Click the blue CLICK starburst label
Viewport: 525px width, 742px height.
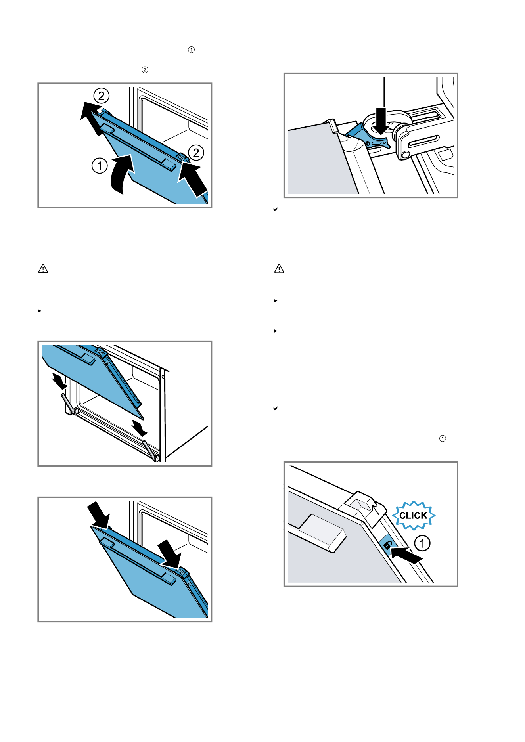click(x=414, y=515)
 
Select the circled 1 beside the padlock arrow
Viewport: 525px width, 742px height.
click(x=422, y=543)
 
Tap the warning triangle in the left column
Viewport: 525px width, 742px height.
click(x=43, y=269)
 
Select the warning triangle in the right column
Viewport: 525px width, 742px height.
click(x=279, y=269)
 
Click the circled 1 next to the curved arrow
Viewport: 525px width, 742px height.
click(x=100, y=166)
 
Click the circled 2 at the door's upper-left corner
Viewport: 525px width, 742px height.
click(x=102, y=96)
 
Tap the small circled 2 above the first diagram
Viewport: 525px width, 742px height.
click(x=145, y=70)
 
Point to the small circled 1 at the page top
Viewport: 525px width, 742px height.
click(x=191, y=50)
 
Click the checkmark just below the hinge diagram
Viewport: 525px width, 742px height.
click(x=275, y=209)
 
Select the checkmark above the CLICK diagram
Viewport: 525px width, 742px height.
click(x=275, y=408)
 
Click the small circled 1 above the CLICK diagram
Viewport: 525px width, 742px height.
click(x=443, y=438)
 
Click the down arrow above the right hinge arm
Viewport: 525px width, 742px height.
click(x=140, y=428)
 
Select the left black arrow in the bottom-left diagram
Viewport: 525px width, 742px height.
click(x=98, y=514)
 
